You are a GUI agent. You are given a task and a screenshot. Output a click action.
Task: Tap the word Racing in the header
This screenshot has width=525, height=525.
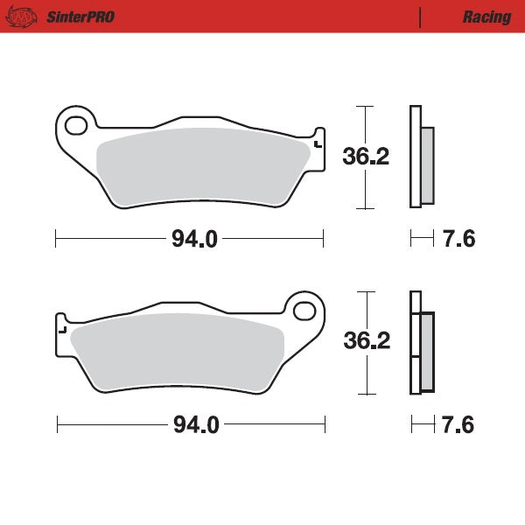[486, 17]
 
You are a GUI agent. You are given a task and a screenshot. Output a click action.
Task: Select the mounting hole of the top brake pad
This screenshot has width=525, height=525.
[76, 124]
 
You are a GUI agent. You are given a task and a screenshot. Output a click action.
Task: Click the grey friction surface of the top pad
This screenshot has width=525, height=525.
[201, 168]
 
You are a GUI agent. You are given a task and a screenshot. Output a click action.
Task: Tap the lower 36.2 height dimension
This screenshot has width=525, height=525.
[367, 341]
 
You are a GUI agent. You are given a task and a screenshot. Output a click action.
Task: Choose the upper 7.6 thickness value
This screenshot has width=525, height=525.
[458, 238]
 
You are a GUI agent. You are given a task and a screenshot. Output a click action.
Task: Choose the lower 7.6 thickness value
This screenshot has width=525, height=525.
[458, 425]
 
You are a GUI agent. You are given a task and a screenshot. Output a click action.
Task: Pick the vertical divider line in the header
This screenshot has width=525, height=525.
[421, 17]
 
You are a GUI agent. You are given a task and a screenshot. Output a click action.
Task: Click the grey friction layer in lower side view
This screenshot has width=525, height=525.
[427, 352]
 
